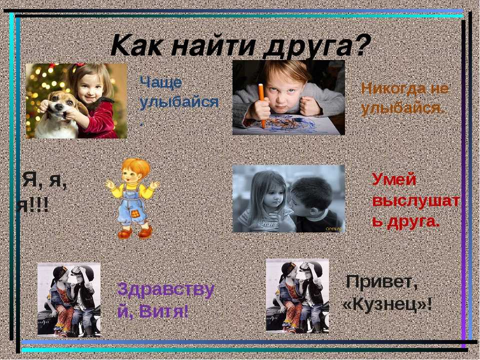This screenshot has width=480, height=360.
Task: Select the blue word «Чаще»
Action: click(x=160, y=82)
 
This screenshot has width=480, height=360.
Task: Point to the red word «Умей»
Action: click(x=394, y=179)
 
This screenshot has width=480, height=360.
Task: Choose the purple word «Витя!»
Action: click(x=163, y=312)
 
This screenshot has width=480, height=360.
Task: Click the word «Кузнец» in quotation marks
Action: click(x=386, y=304)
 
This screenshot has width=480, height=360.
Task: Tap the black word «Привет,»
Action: click(x=381, y=281)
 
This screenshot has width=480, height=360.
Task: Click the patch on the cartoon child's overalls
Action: click(x=134, y=214)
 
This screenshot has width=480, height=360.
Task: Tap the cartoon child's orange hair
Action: click(x=136, y=167)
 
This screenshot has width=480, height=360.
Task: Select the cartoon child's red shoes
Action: click(x=135, y=232)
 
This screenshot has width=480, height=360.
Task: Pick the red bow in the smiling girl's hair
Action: click(x=80, y=65)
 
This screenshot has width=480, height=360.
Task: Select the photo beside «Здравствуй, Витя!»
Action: click(x=69, y=299)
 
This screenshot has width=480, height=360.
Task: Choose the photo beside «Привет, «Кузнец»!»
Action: click(x=297, y=296)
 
